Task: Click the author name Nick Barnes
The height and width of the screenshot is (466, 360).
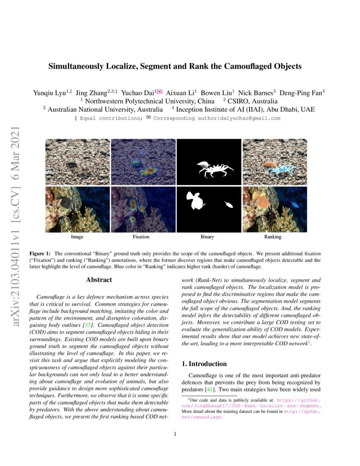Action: pos(255,93)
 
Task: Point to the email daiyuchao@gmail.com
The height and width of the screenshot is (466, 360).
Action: pos(239,118)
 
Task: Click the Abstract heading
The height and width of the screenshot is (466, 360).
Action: pos(99,280)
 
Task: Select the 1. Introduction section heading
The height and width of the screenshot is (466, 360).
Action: pos(204,363)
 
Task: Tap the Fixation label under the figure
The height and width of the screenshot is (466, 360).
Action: pos(141,237)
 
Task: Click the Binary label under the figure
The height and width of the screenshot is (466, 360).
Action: pos(207,237)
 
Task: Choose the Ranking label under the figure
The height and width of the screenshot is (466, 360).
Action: pos(273,237)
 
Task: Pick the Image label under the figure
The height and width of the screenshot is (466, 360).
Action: pos(77,237)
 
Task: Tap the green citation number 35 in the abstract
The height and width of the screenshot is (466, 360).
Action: pos(88,325)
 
